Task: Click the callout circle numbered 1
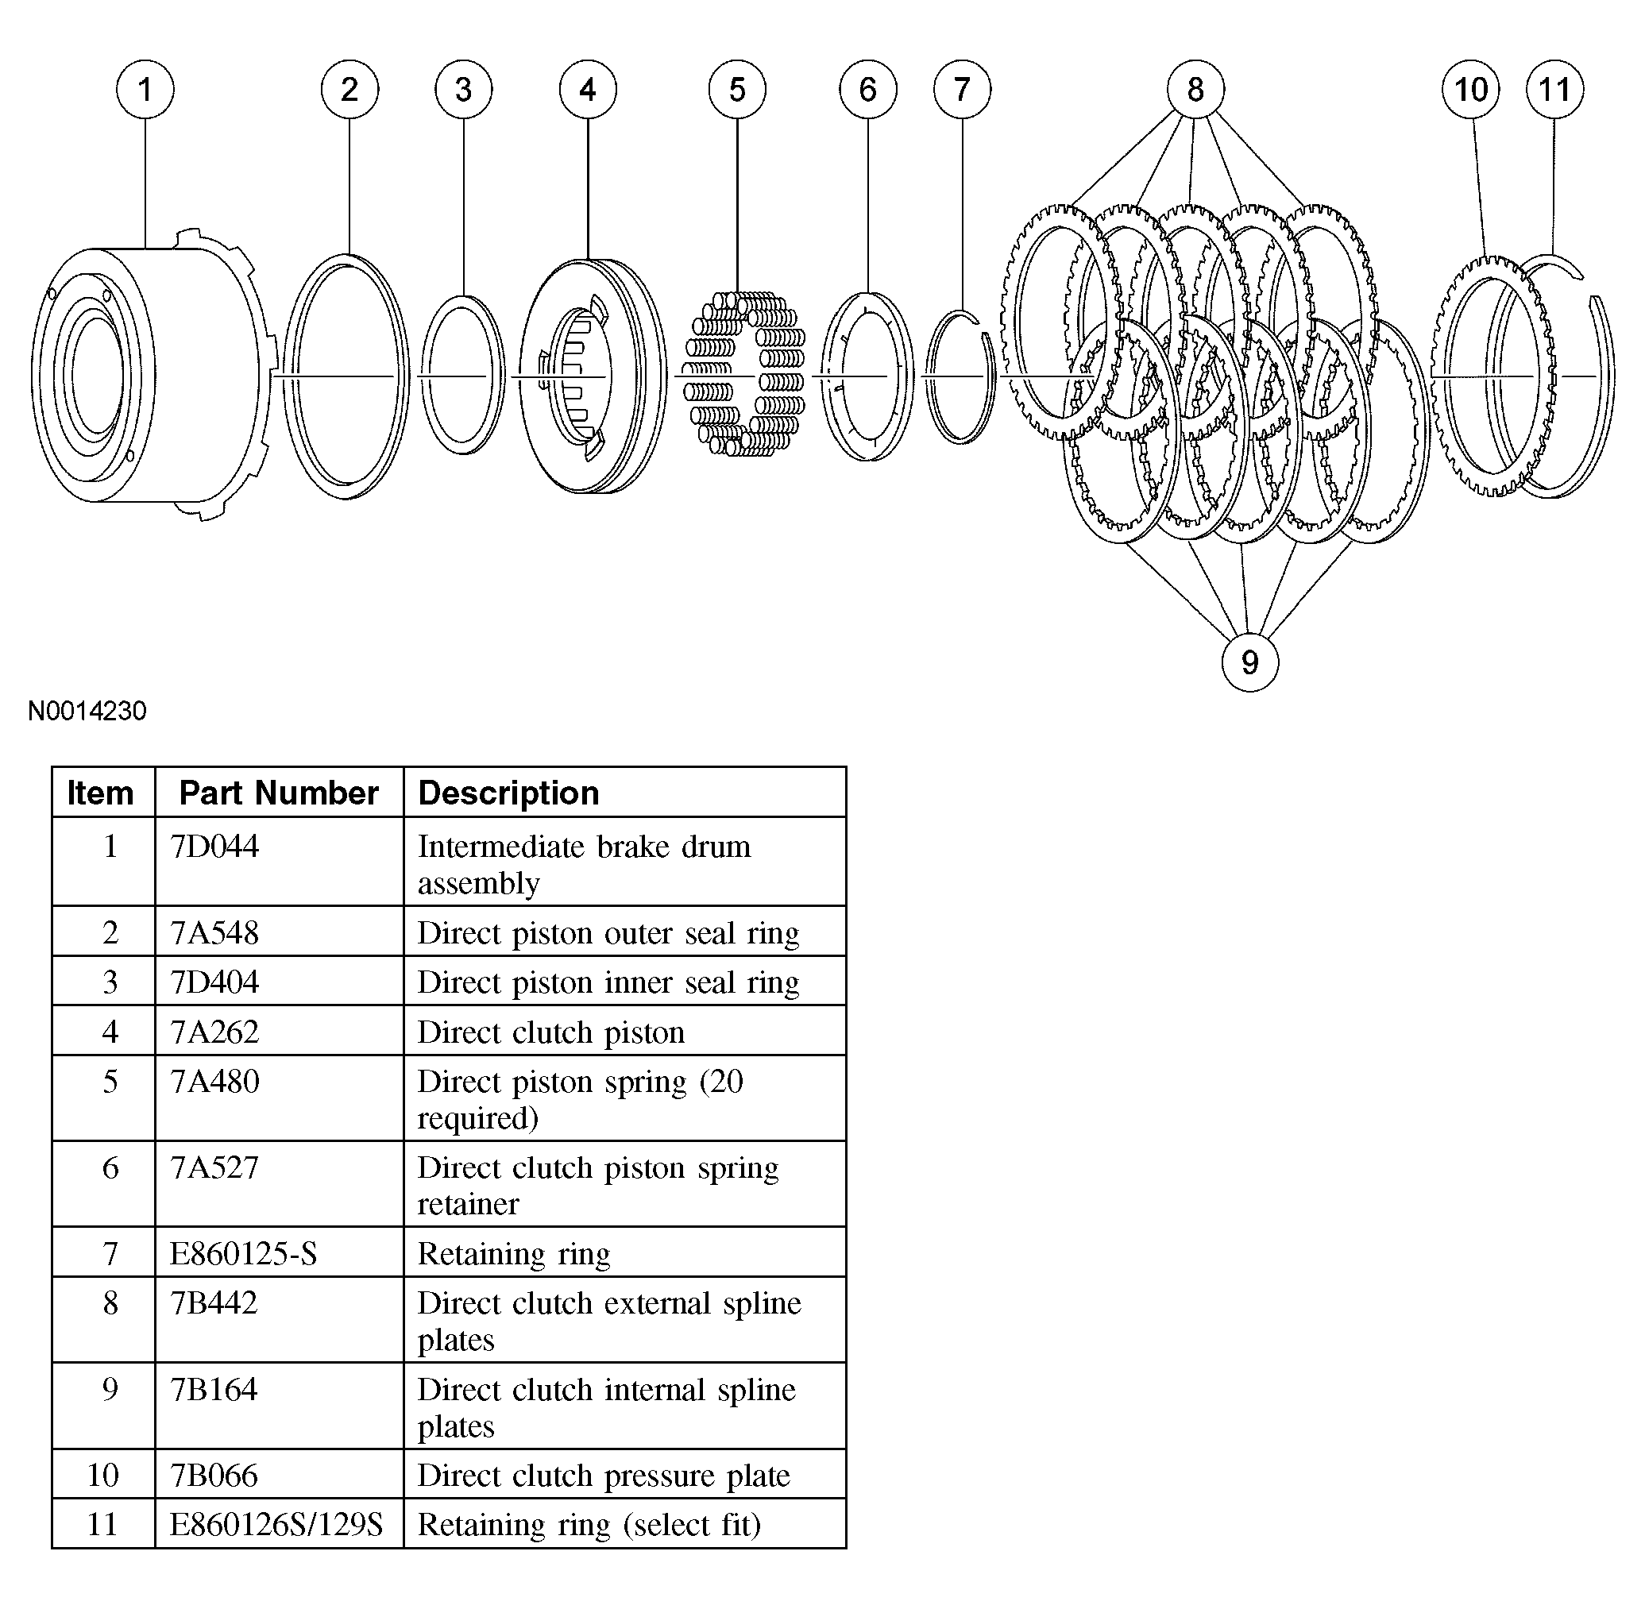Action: click(145, 89)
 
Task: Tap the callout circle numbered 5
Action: click(736, 89)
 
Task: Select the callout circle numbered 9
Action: click(1249, 662)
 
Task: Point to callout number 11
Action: click(1554, 89)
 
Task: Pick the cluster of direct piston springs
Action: click(744, 374)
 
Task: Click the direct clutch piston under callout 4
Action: click(592, 376)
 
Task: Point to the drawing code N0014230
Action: click(87, 711)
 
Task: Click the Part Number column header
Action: click(278, 793)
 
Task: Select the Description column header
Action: click(508, 793)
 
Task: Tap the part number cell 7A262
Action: click(214, 1032)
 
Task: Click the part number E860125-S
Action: click(243, 1253)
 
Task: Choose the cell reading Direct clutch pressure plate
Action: click(604, 1475)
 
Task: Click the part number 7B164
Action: click(214, 1389)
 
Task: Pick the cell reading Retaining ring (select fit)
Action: click(589, 1525)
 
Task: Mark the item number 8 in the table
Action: click(110, 1303)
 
